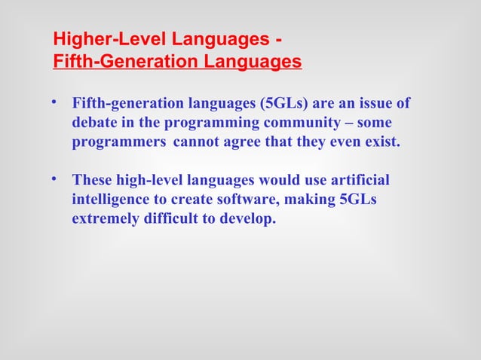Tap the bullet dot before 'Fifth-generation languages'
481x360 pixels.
pyautogui.click(x=54, y=102)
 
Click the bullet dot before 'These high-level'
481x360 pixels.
pyautogui.click(x=54, y=178)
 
